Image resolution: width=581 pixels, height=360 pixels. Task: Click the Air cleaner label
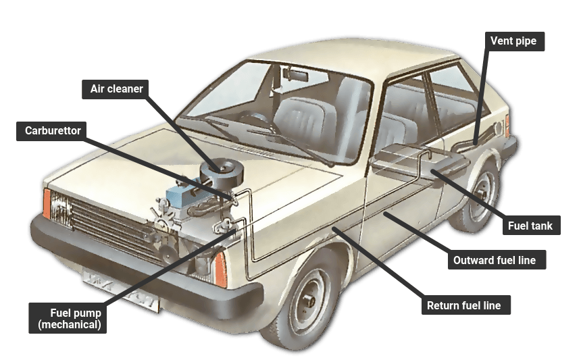[x=116, y=89]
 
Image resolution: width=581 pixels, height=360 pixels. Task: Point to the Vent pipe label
[x=515, y=41]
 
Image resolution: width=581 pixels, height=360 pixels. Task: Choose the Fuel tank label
[x=532, y=225]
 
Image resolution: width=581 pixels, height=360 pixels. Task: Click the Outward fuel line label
[x=497, y=259]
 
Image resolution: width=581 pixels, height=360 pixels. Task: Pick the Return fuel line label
[x=465, y=305]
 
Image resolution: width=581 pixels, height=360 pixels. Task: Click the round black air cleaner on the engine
[x=222, y=171]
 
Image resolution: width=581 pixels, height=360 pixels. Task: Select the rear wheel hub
[x=482, y=193]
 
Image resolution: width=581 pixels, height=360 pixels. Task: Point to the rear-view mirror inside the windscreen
[x=295, y=74]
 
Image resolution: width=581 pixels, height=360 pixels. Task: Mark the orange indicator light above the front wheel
[x=220, y=269]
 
